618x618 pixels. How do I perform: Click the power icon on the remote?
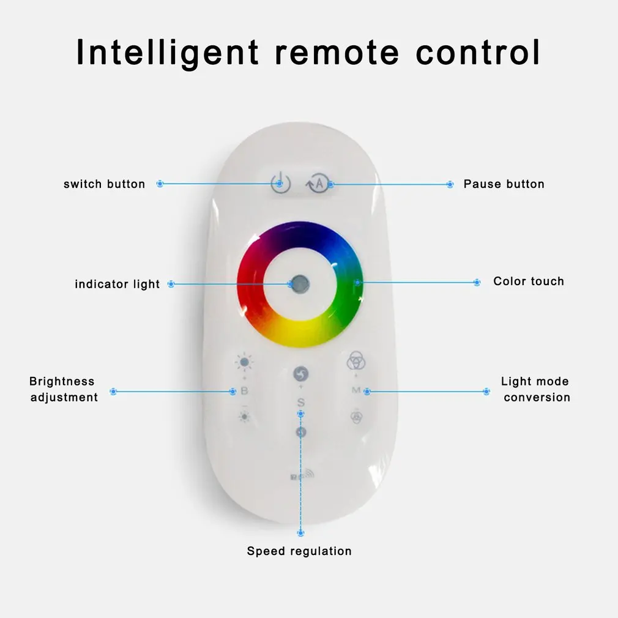tap(280, 183)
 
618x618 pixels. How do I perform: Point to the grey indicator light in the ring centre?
tap(299, 283)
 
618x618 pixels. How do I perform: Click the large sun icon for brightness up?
tap(244, 362)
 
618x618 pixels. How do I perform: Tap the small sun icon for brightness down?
tap(244, 417)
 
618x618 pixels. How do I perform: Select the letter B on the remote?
tap(244, 391)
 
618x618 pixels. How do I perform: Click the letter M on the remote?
tap(356, 390)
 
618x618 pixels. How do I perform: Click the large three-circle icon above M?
tap(356, 361)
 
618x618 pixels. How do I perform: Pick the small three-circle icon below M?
tap(356, 417)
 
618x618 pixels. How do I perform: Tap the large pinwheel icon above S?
tap(300, 374)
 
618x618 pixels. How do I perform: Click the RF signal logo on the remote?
tap(301, 475)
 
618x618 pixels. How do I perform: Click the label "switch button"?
tap(104, 184)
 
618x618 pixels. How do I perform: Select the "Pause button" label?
tap(504, 184)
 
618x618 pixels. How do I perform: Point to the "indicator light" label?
tap(117, 284)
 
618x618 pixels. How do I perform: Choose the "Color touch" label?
tap(529, 281)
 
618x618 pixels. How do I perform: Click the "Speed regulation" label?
tap(299, 551)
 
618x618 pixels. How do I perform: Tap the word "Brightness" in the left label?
tap(62, 381)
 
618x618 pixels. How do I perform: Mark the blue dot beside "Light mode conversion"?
tap(486, 391)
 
